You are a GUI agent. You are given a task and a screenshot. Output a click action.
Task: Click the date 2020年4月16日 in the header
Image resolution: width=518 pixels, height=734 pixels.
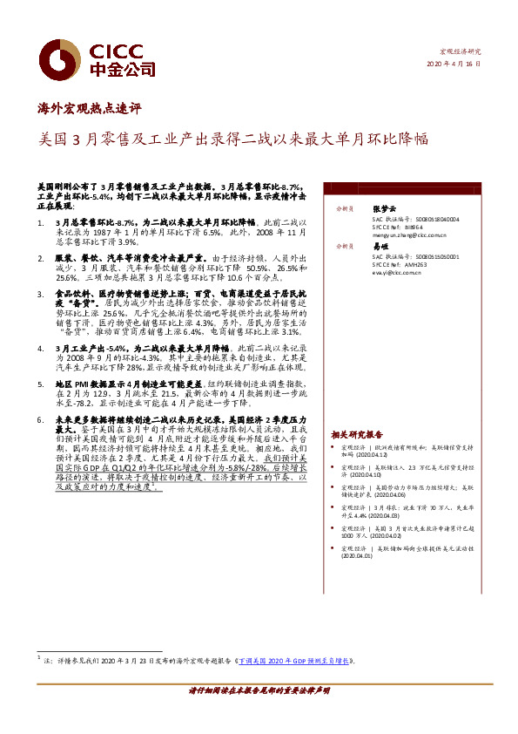pyautogui.click(x=453, y=65)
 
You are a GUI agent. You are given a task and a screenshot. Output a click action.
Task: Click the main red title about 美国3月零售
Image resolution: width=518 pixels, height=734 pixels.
pyautogui.click(x=234, y=139)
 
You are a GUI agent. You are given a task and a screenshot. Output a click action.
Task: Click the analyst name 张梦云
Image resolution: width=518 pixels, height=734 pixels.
pyautogui.click(x=383, y=209)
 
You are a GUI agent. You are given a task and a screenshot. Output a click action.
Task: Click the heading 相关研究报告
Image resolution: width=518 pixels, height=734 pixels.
pyautogui.click(x=356, y=433)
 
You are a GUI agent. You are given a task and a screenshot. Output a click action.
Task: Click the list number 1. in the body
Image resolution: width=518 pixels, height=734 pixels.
pyautogui.click(x=43, y=223)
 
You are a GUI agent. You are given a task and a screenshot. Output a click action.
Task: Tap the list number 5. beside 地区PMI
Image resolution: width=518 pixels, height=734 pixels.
pyautogui.click(x=43, y=383)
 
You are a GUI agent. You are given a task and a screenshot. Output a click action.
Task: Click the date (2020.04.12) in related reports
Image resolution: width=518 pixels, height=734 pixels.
pyautogui.click(x=367, y=455)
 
